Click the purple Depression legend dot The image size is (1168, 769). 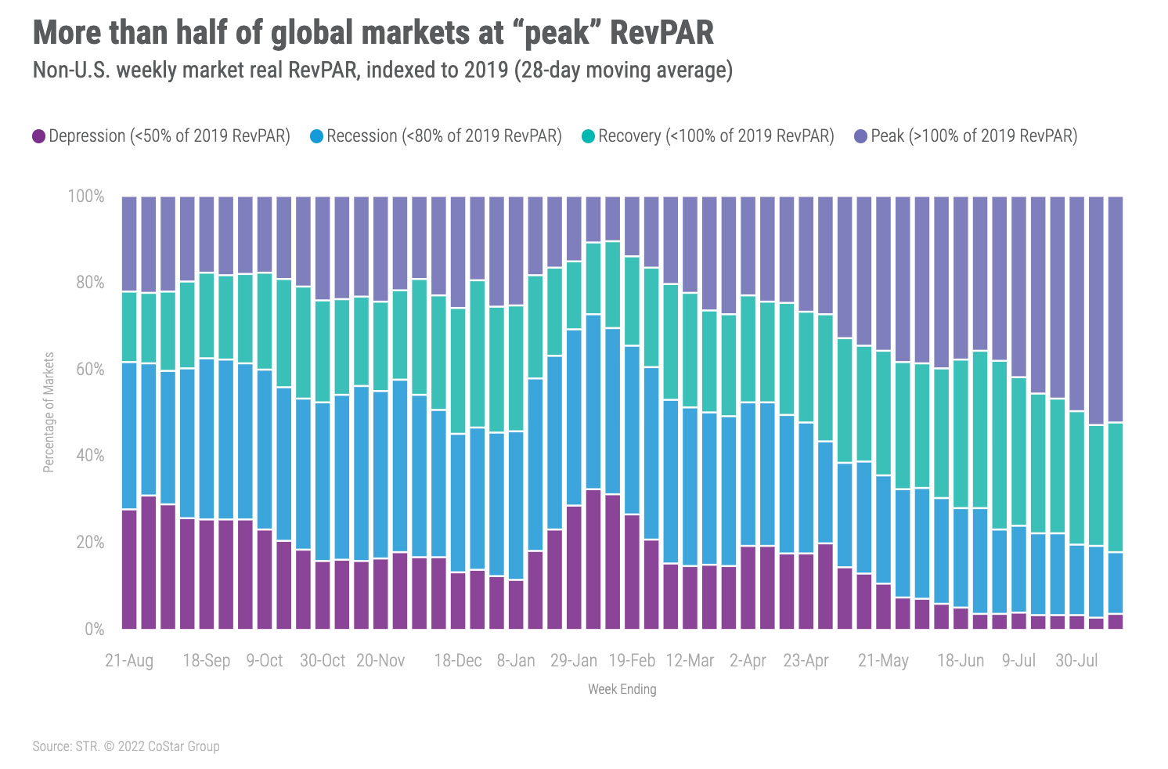click(x=38, y=136)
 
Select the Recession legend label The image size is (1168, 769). click(x=444, y=136)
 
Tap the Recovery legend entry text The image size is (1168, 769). click(x=716, y=136)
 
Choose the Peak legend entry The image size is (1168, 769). click(x=974, y=136)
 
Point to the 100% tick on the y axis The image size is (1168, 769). click(x=85, y=196)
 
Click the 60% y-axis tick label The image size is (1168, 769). click(x=89, y=369)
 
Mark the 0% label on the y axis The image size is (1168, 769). click(x=94, y=629)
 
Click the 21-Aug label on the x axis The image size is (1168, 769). click(x=129, y=661)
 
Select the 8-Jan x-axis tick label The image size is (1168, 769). click(x=516, y=661)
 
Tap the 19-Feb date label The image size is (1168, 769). click(x=632, y=661)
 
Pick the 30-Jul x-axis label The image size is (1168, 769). click(x=1076, y=661)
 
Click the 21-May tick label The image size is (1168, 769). click(x=883, y=661)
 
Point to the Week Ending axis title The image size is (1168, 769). click(x=622, y=689)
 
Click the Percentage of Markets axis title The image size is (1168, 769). click(x=49, y=412)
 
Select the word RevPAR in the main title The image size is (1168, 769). click(x=662, y=33)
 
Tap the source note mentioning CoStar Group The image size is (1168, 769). click(x=125, y=746)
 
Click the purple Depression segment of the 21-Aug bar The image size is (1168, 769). click(x=129, y=569)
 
